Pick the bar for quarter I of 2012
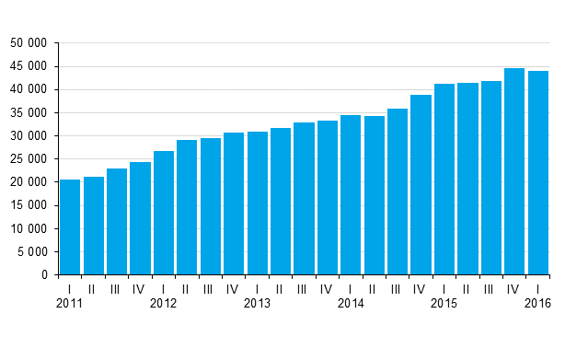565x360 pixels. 164,213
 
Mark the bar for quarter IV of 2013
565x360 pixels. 328,198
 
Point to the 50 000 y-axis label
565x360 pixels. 29,43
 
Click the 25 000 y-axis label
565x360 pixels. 29,159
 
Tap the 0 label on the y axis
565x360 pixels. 43,275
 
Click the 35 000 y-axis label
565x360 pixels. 29,113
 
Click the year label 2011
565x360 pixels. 70,303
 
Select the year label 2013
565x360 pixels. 257,303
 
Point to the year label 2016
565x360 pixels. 537,303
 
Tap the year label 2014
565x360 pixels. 351,303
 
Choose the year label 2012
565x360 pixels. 164,303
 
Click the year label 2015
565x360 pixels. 444,303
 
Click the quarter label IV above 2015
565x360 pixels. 514,289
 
